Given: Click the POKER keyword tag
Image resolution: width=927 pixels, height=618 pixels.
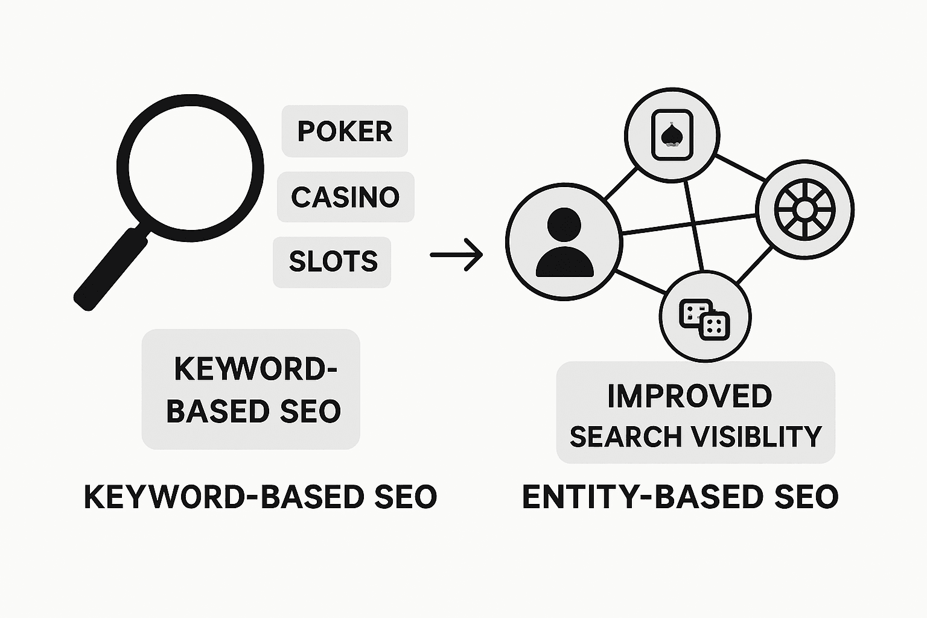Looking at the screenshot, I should click(345, 132).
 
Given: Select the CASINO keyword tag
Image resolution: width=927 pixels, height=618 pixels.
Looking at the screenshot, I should click(345, 197).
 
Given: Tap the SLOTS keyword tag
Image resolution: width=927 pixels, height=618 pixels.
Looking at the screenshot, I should click(333, 262).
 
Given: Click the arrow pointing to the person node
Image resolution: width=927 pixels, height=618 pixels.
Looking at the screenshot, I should click(456, 255).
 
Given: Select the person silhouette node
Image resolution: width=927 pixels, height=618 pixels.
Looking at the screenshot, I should click(564, 242).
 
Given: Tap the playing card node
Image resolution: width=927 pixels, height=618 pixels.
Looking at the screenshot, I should click(671, 135).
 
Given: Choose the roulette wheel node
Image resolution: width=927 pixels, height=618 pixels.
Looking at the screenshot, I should click(804, 209).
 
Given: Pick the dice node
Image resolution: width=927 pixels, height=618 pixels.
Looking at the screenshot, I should click(705, 316).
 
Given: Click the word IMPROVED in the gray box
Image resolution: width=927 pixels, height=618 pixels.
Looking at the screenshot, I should click(689, 397).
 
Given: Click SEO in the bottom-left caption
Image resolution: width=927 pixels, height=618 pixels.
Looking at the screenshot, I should click(406, 497).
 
